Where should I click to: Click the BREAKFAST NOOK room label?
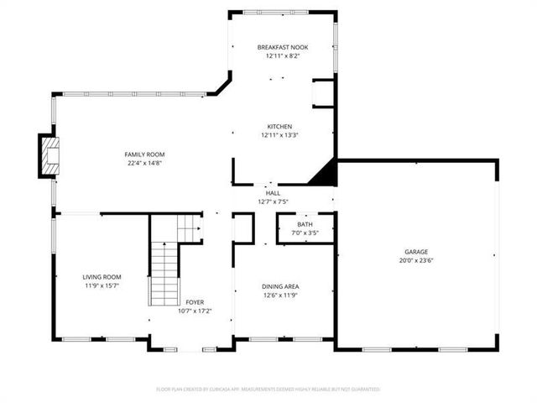[x=282, y=47]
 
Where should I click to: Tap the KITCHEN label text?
[x=279, y=127]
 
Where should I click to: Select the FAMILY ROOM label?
[x=144, y=154]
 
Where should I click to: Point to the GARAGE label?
[x=416, y=252]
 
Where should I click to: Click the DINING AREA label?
[x=280, y=286]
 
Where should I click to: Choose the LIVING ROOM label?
[x=102, y=277]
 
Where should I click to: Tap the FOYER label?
[x=195, y=302]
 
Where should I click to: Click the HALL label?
[x=273, y=193]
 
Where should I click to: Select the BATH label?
[x=305, y=224]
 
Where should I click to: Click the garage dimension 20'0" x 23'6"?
[x=416, y=260]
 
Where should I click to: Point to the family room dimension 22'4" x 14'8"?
[x=144, y=163]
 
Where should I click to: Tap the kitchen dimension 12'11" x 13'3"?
[x=279, y=135]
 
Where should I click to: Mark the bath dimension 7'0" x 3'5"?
[x=305, y=233]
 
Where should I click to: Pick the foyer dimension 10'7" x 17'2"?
[x=195, y=311]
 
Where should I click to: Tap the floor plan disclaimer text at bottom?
[x=268, y=390]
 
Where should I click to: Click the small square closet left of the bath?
[x=243, y=228]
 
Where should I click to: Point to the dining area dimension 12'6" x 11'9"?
[x=280, y=295]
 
